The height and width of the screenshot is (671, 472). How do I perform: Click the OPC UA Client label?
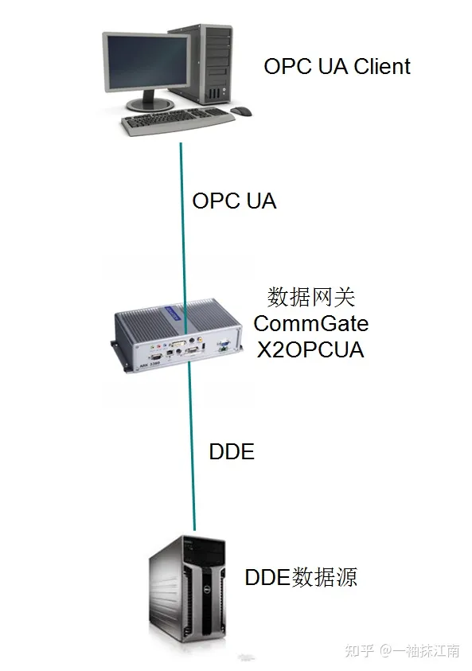pyautogui.click(x=337, y=66)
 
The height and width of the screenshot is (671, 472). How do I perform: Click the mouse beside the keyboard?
pyautogui.click(x=241, y=111)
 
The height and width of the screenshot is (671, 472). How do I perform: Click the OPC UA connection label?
pyautogui.click(x=234, y=201)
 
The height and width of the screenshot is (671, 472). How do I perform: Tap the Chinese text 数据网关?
pyautogui.click(x=310, y=298)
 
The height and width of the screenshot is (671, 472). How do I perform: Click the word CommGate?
pyautogui.click(x=310, y=324)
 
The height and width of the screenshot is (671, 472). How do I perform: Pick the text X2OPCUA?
pyautogui.click(x=310, y=349)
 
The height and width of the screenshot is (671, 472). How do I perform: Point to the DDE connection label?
pyautogui.click(x=231, y=452)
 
